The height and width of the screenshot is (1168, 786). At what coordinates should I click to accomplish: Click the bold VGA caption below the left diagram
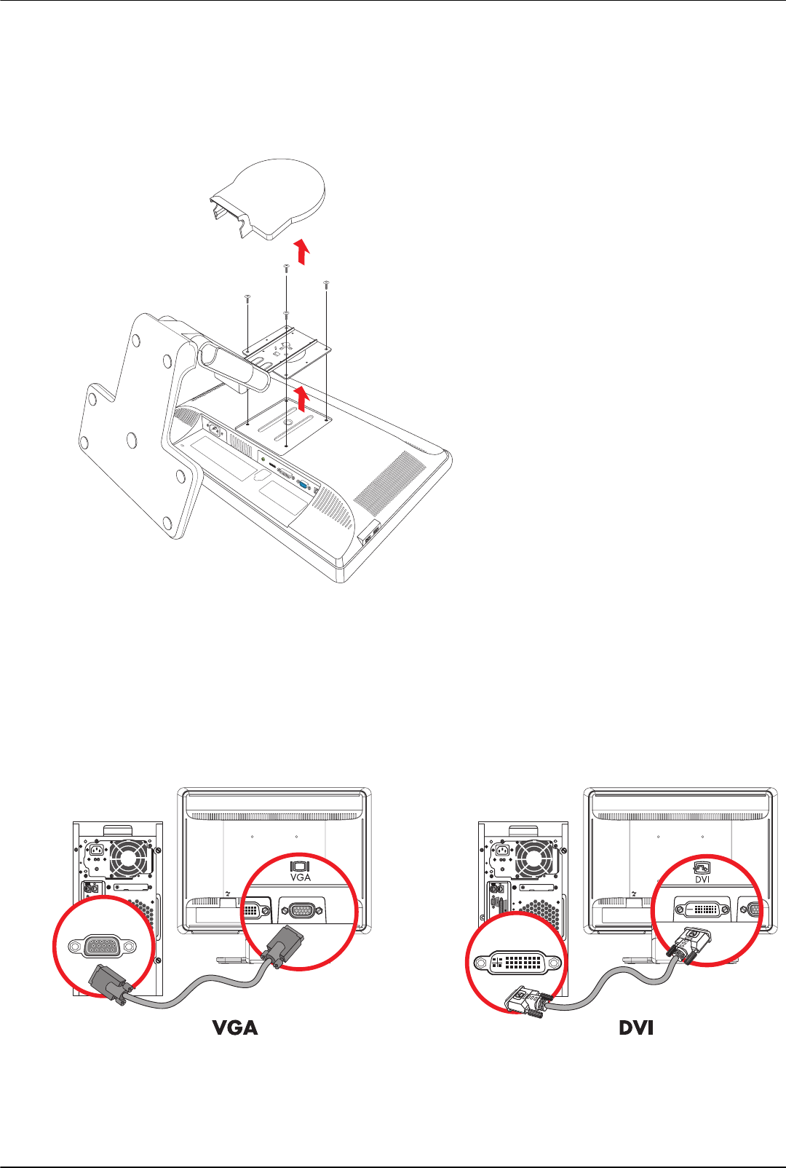click(235, 1027)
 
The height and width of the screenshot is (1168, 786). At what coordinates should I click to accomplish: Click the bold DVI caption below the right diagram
click(636, 1027)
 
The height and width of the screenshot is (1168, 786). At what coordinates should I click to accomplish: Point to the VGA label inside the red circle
click(301, 877)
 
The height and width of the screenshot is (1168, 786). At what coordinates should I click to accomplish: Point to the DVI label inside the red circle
click(702, 879)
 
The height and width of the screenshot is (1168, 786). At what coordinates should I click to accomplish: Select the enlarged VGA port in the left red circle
click(102, 947)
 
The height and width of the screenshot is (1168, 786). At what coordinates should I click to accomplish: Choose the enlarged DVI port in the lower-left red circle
click(517, 961)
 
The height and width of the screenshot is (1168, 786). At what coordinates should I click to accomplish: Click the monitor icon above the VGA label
click(301, 865)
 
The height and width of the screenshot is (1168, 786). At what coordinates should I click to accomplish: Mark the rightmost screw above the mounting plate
click(326, 283)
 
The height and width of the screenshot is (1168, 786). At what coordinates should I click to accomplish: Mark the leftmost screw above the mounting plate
click(247, 297)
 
